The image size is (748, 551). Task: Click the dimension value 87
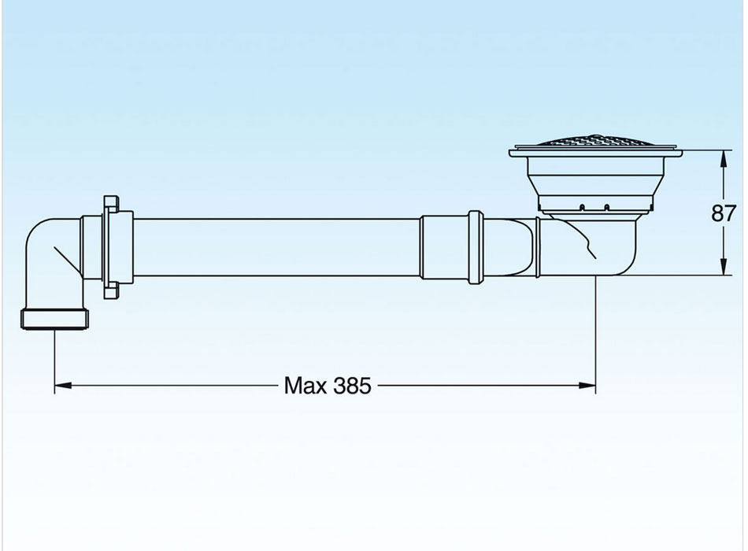(x=724, y=213)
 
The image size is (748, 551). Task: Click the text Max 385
(x=328, y=386)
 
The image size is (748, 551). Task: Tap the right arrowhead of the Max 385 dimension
(x=587, y=386)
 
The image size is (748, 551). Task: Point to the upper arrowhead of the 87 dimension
(x=724, y=159)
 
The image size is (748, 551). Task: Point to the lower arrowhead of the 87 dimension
(x=724, y=267)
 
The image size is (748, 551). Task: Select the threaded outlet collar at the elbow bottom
(x=55, y=319)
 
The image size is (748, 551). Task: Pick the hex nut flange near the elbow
(x=111, y=247)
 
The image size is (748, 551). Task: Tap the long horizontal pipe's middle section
(x=276, y=247)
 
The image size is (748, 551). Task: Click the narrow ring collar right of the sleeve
(x=475, y=247)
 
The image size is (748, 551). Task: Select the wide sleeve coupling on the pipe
(x=444, y=247)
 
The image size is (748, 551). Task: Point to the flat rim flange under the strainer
(x=595, y=153)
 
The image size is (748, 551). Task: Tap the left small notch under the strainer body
(x=582, y=207)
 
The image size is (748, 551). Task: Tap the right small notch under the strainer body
(x=607, y=207)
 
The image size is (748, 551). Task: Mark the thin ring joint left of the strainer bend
(x=538, y=247)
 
